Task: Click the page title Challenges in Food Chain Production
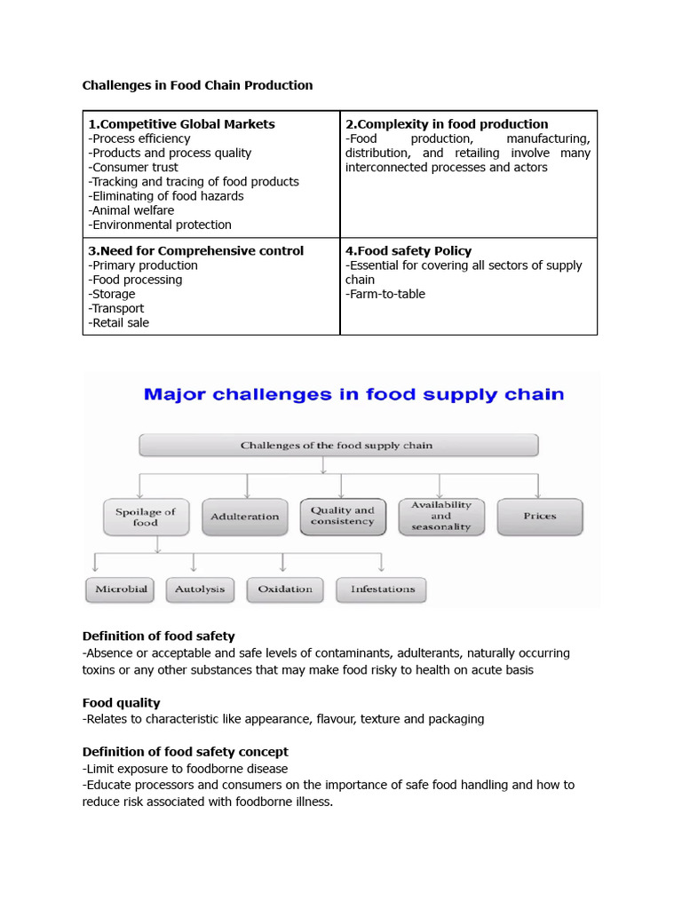pyautogui.click(x=197, y=85)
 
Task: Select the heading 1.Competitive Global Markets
pyautogui.click(x=181, y=124)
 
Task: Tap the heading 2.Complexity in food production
pyautogui.click(x=446, y=124)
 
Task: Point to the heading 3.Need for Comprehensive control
pyautogui.click(x=195, y=251)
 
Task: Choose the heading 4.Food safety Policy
pyautogui.click(x=408, y=251)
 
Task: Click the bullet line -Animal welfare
pyautogui.click(x=131, y=210)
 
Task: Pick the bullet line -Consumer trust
pyautogui.click(x=133, y=167)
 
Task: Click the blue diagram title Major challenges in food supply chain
pyautogui.click(x=353, y=394)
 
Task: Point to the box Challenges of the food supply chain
pyautogui.click(x=337, y=445)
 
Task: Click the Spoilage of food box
pyautogui.click(x=146, y=517)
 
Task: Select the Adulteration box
pyautogui.click(x=245, y=517)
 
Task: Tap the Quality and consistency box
pyautogui.click(x=343, y=516)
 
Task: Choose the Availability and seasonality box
pyautogui.click(x=441, y=516)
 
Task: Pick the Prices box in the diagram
pyautogui.click(x=540, y=517)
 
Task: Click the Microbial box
pyautogui.click(x=122, y=589)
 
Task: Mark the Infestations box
pyautogui.click(x=382, y=589)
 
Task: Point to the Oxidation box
pyautogui.click(x=285, y=589)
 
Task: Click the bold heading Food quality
pyautogui.click(x=121, y=703)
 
